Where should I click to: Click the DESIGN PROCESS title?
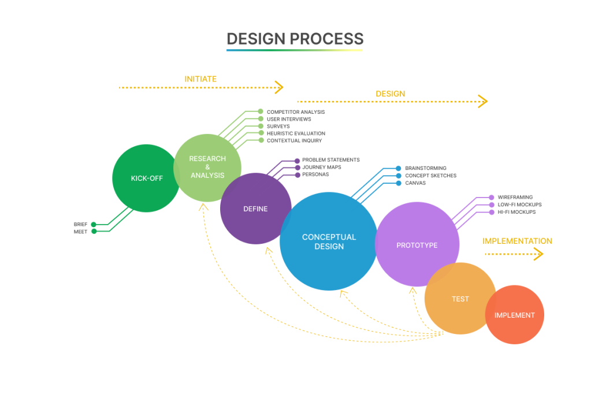(295, 39)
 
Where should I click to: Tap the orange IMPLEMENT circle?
(514, 315)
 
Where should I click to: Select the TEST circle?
(460, 299)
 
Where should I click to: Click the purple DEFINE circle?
(255, 209)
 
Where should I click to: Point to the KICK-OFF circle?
(146, 178)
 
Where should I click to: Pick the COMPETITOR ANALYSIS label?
(295, 112)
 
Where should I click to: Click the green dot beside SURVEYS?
(261, 126)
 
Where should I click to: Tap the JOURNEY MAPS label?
(321, 168)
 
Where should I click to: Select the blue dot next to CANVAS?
(399, 183)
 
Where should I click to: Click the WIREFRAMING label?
(515, 198)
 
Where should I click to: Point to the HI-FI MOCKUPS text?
(516, 212)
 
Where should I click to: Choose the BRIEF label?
(80, 224)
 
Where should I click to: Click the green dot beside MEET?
(94, 232)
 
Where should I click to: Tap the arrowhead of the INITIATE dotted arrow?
(280, 87)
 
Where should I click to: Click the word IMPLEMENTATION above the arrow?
(517, 241)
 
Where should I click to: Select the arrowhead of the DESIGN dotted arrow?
(484, 102)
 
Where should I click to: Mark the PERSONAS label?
(315, 174)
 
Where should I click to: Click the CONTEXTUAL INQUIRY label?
(294, 140)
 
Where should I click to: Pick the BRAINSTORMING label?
(426, 169)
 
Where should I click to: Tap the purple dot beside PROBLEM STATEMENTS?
(297, 160)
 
